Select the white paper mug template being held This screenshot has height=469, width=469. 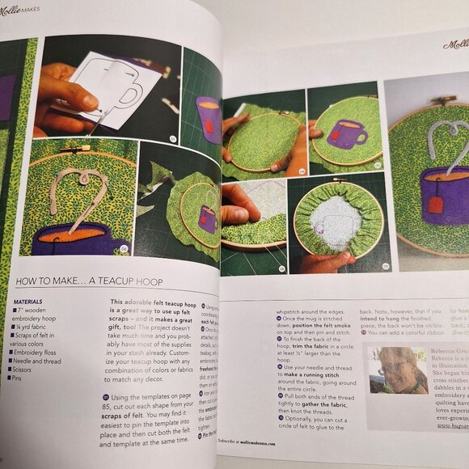(x=113, y=89)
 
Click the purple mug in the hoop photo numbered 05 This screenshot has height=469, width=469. (x=347, y=133)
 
